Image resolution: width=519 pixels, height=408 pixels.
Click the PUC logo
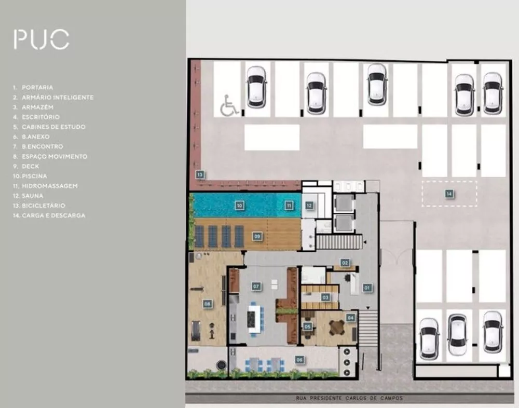point(41,39)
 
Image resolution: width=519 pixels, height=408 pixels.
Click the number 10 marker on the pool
point(239,206)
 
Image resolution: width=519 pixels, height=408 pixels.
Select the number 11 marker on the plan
point(289,206)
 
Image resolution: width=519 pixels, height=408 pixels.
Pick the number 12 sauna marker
point(309,206)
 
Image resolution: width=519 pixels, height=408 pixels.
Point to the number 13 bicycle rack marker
point(199,174)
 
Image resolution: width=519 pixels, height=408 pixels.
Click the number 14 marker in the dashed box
point(449,194)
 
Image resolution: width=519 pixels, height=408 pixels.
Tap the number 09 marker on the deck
point(257,236)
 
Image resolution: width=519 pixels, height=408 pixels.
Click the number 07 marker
point(256,286)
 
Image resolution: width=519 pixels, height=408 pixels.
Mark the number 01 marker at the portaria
point(366,287)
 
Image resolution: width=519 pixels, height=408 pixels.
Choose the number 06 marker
point(299,359)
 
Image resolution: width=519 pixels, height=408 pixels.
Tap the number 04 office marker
point(350,317)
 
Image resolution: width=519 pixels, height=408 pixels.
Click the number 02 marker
point(345,263)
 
